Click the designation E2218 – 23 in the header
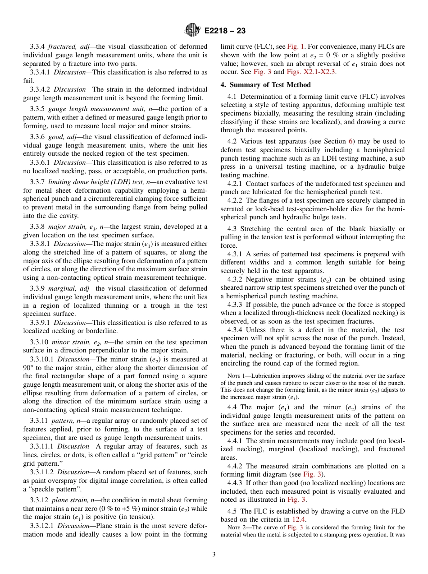pos(225,31)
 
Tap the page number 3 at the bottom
pos(214,554)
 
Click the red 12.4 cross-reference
pos(299,519)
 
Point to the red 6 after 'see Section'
pos(351,141)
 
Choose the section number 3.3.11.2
pos(42,472)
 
